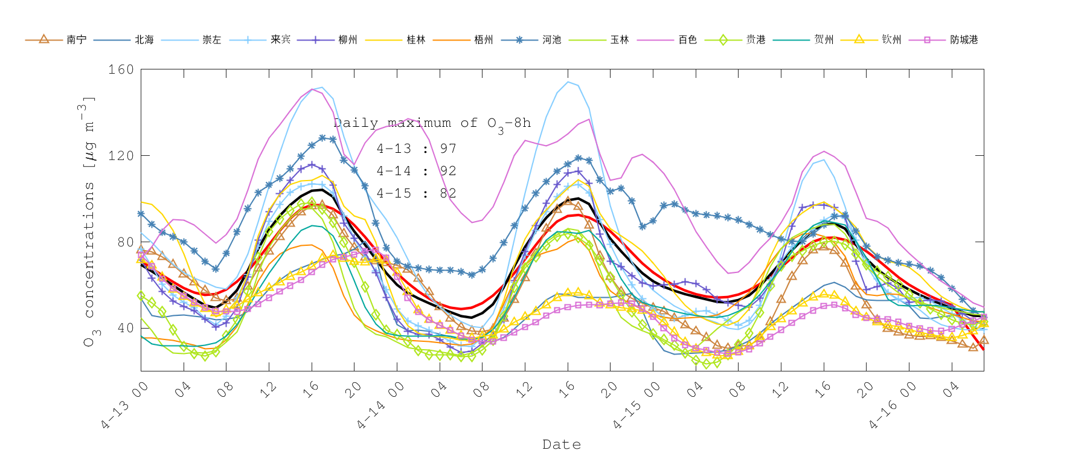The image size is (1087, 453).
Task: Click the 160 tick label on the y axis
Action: tap(121, 69)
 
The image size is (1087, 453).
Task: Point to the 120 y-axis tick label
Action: tap(121, 156)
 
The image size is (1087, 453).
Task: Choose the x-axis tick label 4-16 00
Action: tap(893, 406)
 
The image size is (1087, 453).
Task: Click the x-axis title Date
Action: tap(562, 445)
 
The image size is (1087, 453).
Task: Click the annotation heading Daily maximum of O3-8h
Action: tap(432, 123)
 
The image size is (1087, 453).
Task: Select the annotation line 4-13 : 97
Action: tap(416, 149)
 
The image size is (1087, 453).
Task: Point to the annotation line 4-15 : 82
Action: tap(416, 193)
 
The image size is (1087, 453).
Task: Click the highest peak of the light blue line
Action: tap(568, 82)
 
